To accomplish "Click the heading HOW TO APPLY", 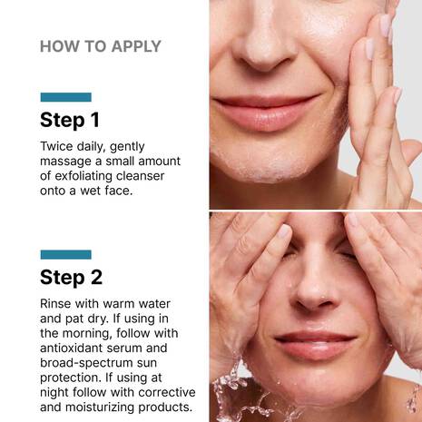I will click(101, 46).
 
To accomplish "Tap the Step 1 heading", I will click(70, 120).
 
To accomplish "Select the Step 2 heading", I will click(70, 277).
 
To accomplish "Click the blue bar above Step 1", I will click(65, 97).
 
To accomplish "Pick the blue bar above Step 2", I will click(65, 254).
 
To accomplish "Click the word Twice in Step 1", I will click(58, 146).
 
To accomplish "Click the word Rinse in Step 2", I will click(57, 303).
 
